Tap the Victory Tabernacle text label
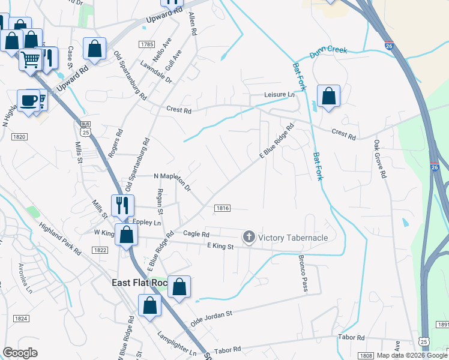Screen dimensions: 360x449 pyautogui.click(x=293, y=238)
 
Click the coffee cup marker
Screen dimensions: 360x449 pyautogui.click(x=28, y=100)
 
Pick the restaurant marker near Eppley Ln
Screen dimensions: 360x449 pyautogui.click(x=122, y=205)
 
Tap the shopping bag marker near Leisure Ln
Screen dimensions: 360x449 pyautogui.click(x=328, y=95)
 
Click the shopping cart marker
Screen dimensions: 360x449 pyautogui.click(x=30, y=59)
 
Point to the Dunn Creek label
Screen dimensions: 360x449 pyautogui.click(x=328, y=53)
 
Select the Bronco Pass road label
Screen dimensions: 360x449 pyautogui.click(x=302, y=275)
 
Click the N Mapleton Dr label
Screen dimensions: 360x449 pyautogui.click(x=172, y=181)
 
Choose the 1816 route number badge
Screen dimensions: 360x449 pyautogui.click(x=222, y=208)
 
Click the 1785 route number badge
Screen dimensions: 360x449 pyautogui.click(x=146, y=44)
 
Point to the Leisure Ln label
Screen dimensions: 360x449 pyautogui.click(x=280, y=95)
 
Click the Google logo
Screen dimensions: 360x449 pyautogui.click(x=20, y=353)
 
